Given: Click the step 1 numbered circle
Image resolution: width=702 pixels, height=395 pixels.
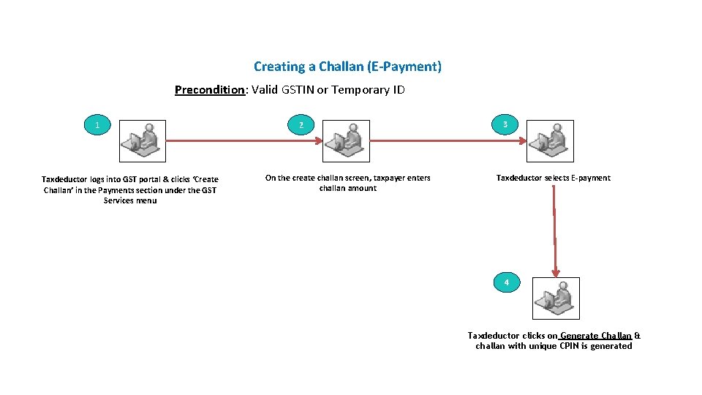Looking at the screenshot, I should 97,125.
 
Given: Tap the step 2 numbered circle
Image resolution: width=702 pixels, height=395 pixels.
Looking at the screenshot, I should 301,125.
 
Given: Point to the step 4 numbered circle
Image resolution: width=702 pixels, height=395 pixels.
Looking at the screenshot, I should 506,282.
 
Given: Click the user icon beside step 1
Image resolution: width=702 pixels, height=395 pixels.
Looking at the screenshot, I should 143,140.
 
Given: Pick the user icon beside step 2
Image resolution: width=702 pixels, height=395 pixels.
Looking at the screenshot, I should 347,140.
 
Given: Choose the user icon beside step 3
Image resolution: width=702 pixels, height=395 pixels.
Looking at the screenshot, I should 551,140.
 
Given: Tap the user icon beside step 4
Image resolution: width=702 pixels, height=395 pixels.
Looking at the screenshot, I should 556,298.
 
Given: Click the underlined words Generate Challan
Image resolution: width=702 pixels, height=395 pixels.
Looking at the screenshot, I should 596,336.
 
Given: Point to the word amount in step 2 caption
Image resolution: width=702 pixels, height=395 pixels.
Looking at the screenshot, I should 362,188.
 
